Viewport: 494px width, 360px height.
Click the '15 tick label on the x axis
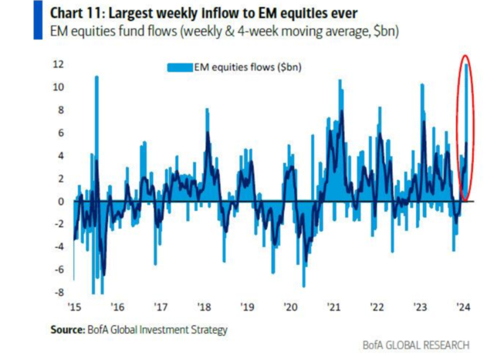pyautogui.click(x=76, y=304)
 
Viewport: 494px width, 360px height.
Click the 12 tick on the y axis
pyautogui.click(x=59, y=65)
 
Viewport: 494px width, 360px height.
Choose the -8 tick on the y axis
pyautogui.click(x=59, y=292)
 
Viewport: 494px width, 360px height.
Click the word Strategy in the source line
pyautogui.click(x=208, y=330)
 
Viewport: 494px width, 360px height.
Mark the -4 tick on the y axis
pyautogui.click(x=59, y=246)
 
